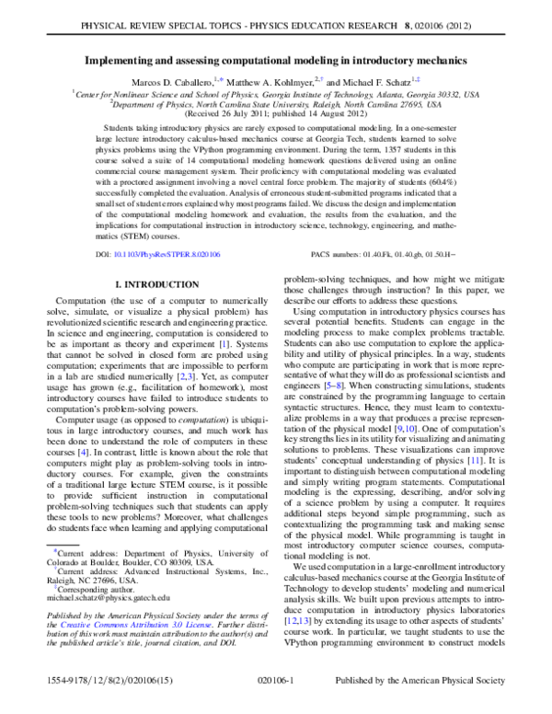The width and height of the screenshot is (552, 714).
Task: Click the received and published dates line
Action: point(276,115)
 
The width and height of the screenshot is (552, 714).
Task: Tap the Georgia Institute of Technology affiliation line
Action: point(276,94)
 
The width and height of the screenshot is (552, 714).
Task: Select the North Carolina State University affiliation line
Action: point(276,105)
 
